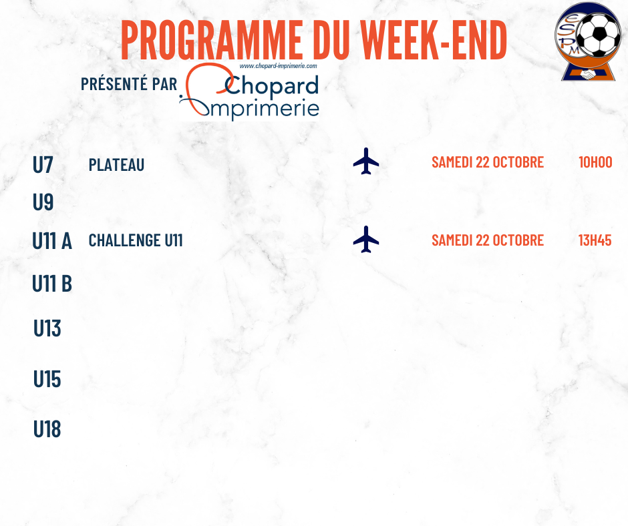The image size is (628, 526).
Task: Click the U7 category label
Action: (43, 164)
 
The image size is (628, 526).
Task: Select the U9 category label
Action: (43, 202)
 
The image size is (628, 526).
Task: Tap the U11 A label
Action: (52, 241)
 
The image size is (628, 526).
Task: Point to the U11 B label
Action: (52, 284)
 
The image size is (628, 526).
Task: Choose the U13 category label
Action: (47, 328)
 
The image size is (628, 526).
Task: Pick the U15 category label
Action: (47, 379)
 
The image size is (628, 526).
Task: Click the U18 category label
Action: (47, 429)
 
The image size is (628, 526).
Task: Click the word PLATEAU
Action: (116, 165)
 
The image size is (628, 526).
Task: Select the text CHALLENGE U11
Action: (136, 240)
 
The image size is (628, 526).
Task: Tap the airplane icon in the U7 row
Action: (366, 162)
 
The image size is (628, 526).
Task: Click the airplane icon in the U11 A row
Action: (366, 240)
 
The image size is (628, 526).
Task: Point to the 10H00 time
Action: (595, 162)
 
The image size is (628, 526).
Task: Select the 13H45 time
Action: (595, 240)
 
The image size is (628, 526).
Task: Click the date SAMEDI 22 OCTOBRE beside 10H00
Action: (488, 162)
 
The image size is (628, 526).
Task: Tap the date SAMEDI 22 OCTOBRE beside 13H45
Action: (488, 240)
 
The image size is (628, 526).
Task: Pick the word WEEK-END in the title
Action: (434, 40)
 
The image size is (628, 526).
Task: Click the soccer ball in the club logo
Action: (599, 35)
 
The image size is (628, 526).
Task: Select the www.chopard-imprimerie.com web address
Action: (278, 66)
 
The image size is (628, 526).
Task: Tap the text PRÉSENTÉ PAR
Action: (129, 84)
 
